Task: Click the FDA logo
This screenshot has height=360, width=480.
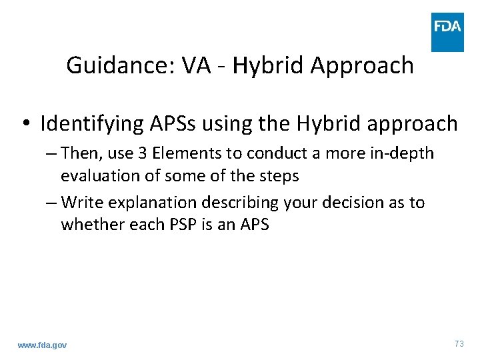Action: (x=447, y=32)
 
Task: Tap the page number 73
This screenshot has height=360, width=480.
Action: (x=459, y=344)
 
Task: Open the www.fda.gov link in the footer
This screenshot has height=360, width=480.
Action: (x=42, y=345)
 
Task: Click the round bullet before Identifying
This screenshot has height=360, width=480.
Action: (x=25, y=124)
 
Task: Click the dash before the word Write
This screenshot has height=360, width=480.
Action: (x=53, y=203)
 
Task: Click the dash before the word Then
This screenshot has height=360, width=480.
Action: (x=53, y=153)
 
